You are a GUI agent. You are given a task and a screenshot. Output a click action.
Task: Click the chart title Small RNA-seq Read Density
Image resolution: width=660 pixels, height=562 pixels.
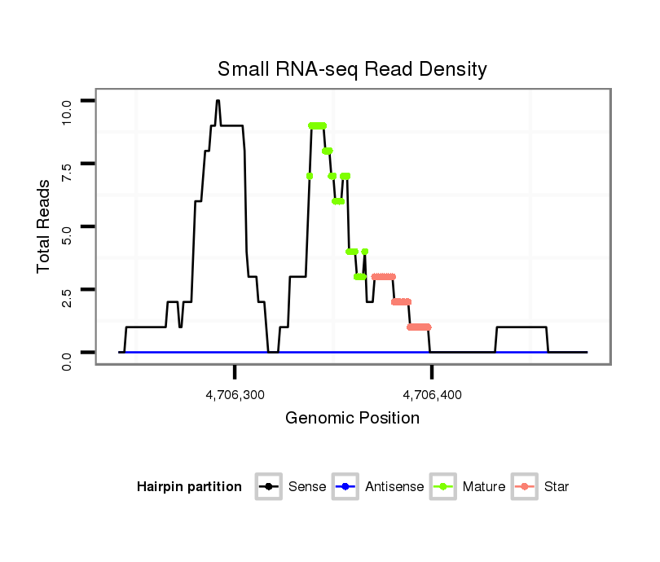352,69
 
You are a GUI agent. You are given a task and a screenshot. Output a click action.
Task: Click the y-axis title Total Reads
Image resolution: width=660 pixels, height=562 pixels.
46,226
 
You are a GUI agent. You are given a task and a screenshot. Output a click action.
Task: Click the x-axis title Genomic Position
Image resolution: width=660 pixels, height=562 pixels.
352,419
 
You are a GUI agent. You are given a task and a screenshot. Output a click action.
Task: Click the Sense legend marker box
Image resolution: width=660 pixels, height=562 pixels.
268,487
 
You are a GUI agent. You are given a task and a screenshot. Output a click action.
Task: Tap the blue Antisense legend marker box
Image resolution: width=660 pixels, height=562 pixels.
345,487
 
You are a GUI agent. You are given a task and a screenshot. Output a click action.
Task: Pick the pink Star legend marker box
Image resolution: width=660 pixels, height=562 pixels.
525,487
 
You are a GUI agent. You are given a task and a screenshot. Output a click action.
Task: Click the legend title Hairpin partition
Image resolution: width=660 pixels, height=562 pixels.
189,487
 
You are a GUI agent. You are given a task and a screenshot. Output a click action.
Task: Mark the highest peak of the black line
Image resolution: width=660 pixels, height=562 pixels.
218,101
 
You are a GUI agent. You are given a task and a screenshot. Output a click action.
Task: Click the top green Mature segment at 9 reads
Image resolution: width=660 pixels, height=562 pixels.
318,125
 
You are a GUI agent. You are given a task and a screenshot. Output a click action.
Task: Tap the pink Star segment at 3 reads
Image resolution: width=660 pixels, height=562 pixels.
383,277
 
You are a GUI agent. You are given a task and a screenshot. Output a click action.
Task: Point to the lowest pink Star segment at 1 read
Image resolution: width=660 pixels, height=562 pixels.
419,327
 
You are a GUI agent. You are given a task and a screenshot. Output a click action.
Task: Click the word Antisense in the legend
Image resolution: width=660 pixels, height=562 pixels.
394,487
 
